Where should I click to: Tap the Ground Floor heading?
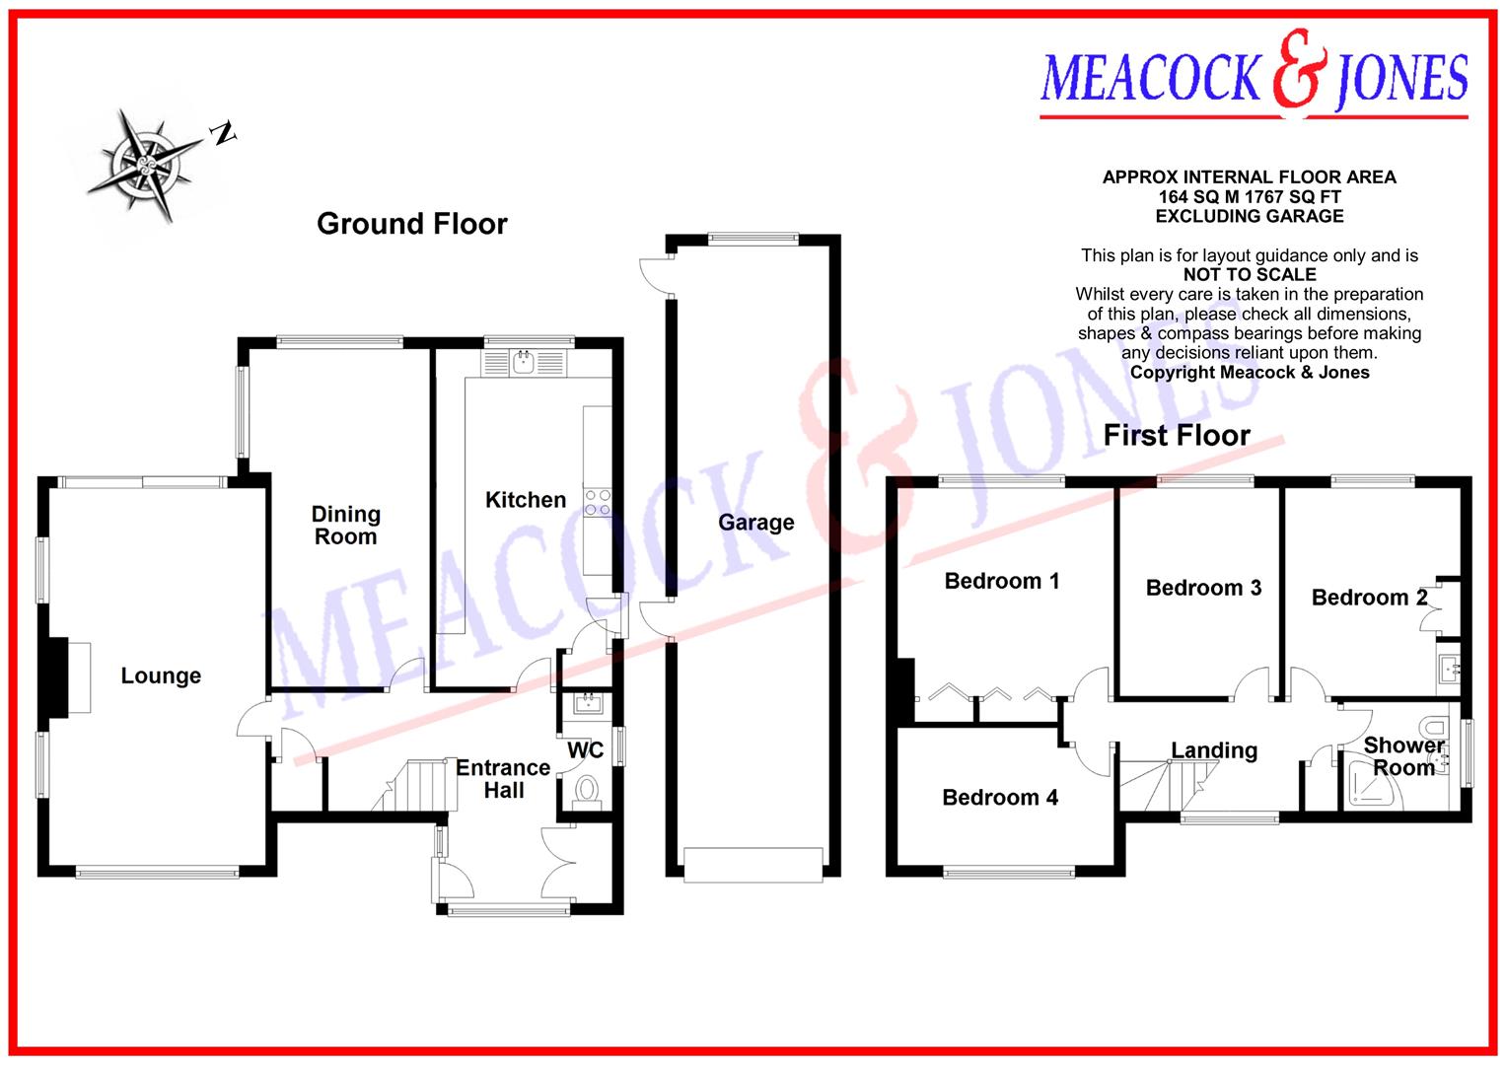click(x=411, y=224)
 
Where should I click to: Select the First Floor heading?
click(x=1176, y=435)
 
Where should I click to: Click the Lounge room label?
click(x=161, y=675)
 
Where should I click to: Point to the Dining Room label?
click(x=345, y=525)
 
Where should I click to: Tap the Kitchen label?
click(x=526, y=500)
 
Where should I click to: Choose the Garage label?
click(x=755, y=523)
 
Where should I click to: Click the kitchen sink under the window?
click(x=523, y=363)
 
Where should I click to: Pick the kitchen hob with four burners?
click(x=598, y=502)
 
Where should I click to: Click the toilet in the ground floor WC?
click(x=587, y=791)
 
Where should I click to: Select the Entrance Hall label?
click(x=503, y=779)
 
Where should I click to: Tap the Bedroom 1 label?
click(x=1002, y=581)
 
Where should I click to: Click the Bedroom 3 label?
click(x=1203, y=588)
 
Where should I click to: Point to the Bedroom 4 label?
click(x=1000, y=797)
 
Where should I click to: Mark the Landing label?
click(x=1214, y=750)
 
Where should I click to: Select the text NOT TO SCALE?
click(x=1250, y=274)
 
